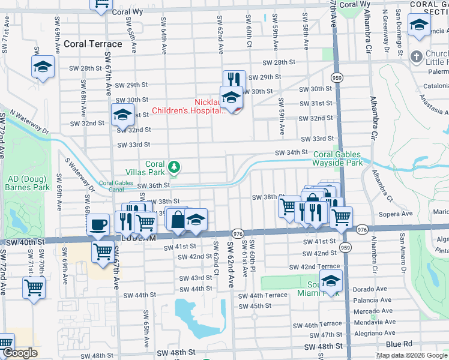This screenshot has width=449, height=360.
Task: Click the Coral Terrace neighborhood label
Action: (x=92, y=44)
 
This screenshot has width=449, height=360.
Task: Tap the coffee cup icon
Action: (x=98, y=224)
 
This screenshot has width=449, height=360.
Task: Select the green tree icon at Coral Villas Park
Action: (x=173, y=166)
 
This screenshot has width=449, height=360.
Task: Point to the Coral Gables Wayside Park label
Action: (x=337, y=158)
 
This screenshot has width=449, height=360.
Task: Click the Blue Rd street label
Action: (x=400, y=344)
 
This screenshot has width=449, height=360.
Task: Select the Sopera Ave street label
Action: (x=396, y=213)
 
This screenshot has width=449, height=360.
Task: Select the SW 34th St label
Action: (x=291, y=153)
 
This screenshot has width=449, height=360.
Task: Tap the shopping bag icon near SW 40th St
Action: (x=178, y=219)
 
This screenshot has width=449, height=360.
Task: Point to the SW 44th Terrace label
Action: (x=262, y=295)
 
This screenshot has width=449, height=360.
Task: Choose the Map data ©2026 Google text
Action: (x=411, y=355)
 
